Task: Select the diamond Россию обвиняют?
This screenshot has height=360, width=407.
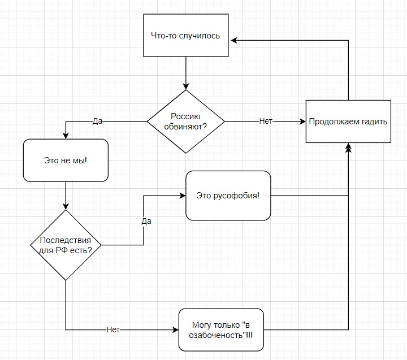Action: [186, 122]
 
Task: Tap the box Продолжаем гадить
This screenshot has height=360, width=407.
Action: [348, 122]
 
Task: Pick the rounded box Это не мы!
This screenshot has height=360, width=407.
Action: [66, 161]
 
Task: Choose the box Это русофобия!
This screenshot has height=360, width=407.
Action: [227, 196]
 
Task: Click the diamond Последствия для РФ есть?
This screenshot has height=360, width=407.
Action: [66, 245]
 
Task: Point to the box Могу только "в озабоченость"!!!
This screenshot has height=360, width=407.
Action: [222, 329]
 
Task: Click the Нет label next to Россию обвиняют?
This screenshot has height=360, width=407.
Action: [266, 122]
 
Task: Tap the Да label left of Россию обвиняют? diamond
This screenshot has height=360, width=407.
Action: [97, 122]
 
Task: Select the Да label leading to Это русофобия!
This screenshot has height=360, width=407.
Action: [146, 221]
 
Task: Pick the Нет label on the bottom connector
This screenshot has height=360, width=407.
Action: [113, 329]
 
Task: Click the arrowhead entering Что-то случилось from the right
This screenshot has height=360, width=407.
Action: [233, 40]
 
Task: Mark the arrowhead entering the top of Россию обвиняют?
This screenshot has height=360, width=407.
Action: [186, 86]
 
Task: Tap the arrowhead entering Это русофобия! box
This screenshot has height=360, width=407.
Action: [183, 196]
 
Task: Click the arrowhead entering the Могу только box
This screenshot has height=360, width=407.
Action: [175, 329]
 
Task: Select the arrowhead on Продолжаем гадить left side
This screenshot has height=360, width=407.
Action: [302, 122]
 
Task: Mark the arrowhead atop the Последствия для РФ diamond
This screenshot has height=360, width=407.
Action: [66, 206]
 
